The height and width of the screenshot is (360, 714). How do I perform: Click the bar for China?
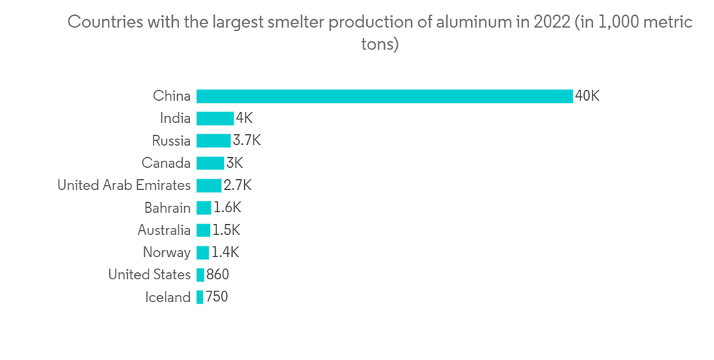click(x=384, y=96)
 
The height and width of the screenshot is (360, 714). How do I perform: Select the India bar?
click(x=215, y=119)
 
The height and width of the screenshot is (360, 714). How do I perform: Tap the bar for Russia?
click(x=213, y=141)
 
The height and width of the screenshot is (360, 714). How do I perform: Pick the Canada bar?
click(x=210, y=163)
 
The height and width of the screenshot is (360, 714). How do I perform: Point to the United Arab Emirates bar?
click(x=208, y=186)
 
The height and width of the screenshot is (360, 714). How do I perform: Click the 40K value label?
click(x=588, y=96)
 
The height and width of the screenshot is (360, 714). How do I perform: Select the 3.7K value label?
click(x=247, y=141)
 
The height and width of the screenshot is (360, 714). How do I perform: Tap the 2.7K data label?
click(x=238, y=186)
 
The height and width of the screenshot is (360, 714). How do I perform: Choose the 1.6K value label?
click(x=228, y=208)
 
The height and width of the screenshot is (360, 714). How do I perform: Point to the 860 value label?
click(x=218, y=275)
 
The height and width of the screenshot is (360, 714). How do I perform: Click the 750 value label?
click(x=217, y=297)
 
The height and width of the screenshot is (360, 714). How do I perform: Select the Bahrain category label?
click(x=167, y=208)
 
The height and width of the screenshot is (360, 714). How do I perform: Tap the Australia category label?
click(x=164, y=230)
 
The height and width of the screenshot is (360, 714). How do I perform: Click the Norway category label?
click(x=166, y=252)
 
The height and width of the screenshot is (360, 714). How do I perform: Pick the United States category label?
click(x=149, y=275)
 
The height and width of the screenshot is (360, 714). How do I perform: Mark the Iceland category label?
click(x=168, y=297)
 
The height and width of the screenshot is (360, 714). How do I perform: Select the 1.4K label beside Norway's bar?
click(x=226, y=252)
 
